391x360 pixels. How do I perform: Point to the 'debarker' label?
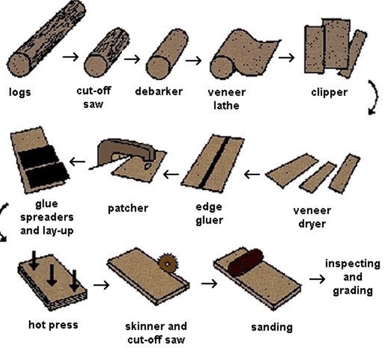point(159,91)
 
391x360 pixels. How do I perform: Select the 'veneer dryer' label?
point(312,217)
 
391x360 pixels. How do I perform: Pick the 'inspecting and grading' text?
point(352,277)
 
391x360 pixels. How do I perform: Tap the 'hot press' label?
point(53,325)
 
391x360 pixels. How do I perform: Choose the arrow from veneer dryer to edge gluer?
point(252,174)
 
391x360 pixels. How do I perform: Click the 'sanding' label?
point(272,327)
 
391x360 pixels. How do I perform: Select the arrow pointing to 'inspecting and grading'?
point(317,279)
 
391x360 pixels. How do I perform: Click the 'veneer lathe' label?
point(227,98)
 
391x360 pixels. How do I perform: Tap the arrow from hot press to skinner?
point(101,284)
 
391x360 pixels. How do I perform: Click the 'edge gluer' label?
point(209,213)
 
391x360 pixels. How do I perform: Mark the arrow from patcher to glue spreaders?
point(78,161)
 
